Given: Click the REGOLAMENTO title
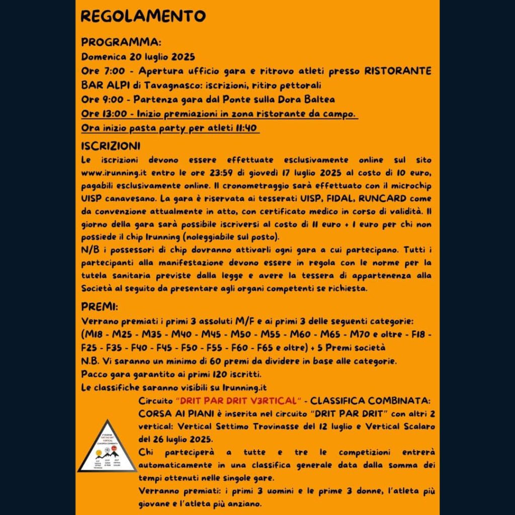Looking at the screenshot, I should tap(143, 16).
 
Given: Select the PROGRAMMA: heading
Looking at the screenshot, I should tap(121, 42).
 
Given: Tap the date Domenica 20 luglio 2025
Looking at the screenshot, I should tap(138, 56).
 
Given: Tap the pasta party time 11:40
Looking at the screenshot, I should tap(247, 128).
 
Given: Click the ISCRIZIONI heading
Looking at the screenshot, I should tap(111, 146).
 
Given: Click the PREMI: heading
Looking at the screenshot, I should tap(100, 307).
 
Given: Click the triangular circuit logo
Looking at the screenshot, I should tap(107, 447).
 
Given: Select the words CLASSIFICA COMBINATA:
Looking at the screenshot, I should tap(370, 401).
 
